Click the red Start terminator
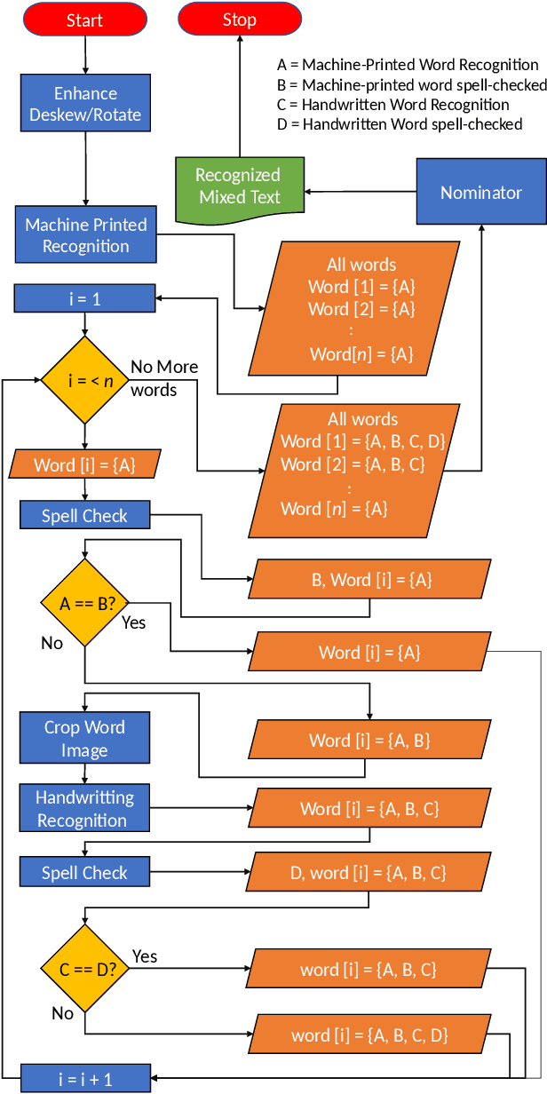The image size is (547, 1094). [x=84, y=20]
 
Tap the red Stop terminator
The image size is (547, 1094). [x=239, y=20]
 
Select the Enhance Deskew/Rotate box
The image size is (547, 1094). [x=85, y=104]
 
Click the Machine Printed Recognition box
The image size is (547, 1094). [x=85, y=235]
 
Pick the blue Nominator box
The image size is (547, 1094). [x=481, y=192]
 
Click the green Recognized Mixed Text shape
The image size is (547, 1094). [x=239, y=186]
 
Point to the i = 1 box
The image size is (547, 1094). [x=84, y=299]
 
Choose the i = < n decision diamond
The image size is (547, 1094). [x=84, y=380]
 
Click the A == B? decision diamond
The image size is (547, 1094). [x=84, y=603]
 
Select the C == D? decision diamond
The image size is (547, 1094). [x=84, y=969]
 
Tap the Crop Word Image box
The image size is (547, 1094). [x=84, y=738]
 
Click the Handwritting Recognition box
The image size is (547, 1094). [x=84, y=808]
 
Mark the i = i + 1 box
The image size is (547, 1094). [x=84, y=1079]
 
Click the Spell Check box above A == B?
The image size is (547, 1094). [x=84, y=516]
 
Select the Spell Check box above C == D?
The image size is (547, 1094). [x=84, y=873]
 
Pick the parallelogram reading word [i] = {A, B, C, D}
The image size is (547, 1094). [x=369, y=1035]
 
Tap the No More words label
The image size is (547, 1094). [x=164, y=378]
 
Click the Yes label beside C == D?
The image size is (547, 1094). [x=145, y=956]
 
